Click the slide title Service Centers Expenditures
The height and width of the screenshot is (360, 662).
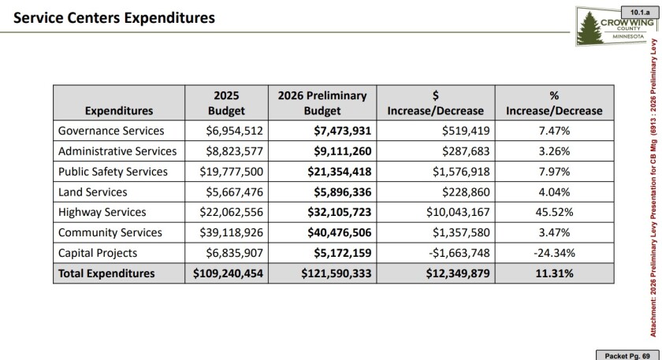(114, 17)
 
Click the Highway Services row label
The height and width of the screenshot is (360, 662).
(102, 212)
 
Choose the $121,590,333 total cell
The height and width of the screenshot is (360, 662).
(334, 273)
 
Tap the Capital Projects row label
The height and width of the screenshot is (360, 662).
(98, 253)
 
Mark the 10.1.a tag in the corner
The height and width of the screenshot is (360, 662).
(638, 11)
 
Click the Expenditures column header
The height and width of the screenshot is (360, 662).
(118, 111)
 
